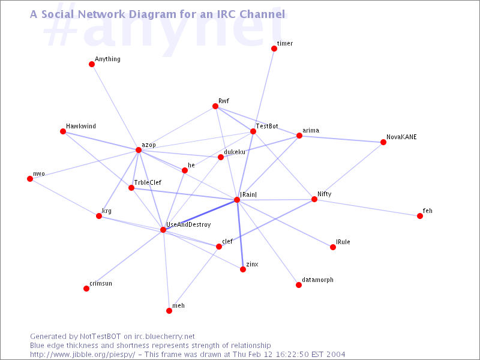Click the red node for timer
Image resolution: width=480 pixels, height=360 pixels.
pyautogui.click(x=274, y=49)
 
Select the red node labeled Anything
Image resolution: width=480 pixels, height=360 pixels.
pyautogui.click(x=92, y=64)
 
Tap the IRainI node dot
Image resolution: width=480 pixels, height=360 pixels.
pyautogui.click(x=237, y=200)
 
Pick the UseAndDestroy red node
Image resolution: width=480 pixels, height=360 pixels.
pyautogui.click(x=163, y=230)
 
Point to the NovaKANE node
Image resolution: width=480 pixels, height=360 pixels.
pyautogui.click(x=383, y=142)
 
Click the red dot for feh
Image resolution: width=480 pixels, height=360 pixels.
pyautogui.click(x=420, y=216)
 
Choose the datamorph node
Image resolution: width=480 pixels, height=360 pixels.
pyautogui.click(x=299, y=285)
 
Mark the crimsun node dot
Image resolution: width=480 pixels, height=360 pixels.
pyautogui.click(x=86, y=289)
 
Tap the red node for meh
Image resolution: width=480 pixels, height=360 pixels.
pyautogui.click(x=169, y=311)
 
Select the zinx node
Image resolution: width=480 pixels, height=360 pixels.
pyautogui.click(x=243, y=269)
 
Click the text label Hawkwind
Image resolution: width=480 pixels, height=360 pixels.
pyautogui.click(x=81, y=127)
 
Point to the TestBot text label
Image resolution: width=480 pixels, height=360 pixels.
pyautogui.click(x=267, y=127)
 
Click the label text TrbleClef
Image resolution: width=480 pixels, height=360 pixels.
pyautogui.click(x=148, y=182)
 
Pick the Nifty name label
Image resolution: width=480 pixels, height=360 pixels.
pyautogui.click(x=324, y=194)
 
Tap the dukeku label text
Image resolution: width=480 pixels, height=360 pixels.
pyautogui.click(x=235, y=152)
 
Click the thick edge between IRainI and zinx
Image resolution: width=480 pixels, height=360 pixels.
pyautogui.click(x=240, y=235)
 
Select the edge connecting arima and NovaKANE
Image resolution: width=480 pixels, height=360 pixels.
pyautogui.click(x=341, y=139)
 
